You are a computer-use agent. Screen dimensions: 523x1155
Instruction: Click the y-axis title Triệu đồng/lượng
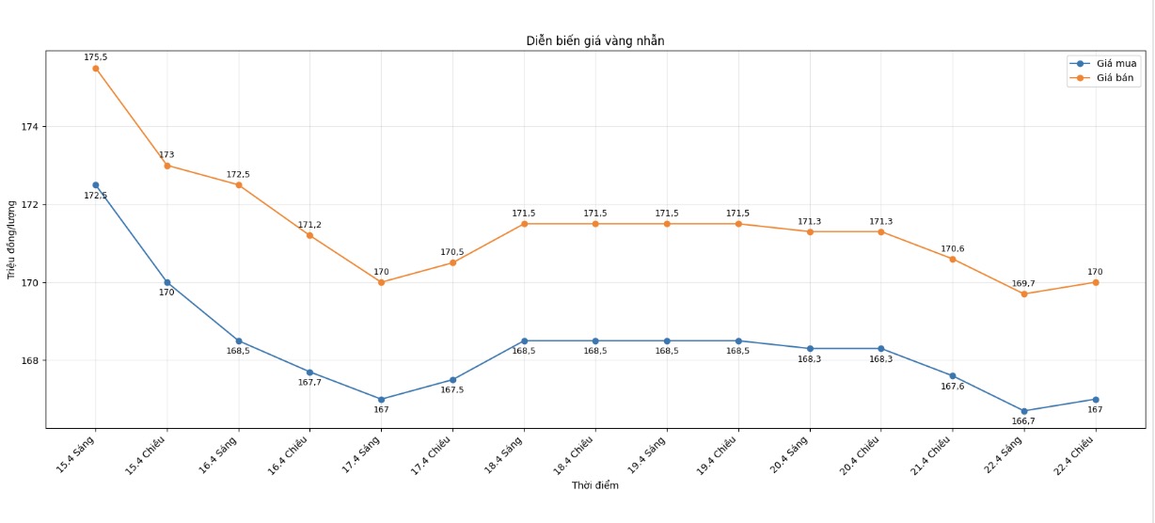click(11, 239)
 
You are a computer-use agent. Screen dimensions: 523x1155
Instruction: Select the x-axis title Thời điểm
click(595, 485)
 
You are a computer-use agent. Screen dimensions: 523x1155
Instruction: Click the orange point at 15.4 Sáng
click(96, 68)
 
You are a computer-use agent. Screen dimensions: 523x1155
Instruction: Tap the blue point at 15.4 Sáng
click(96, 185)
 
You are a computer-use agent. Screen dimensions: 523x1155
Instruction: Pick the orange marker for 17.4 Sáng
click(381, 282)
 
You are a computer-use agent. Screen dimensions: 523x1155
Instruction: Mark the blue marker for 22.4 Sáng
click(1024, 411)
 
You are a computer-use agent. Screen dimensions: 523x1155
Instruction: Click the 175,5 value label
click(96, 57)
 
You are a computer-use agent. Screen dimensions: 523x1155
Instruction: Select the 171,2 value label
click(309, 225)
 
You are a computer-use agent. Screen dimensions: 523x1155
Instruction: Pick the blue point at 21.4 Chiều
click(953, 376)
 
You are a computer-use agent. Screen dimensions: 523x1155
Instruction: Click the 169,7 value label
click(1024, 283)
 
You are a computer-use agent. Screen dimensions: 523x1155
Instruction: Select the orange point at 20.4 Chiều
click(881, 231)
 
